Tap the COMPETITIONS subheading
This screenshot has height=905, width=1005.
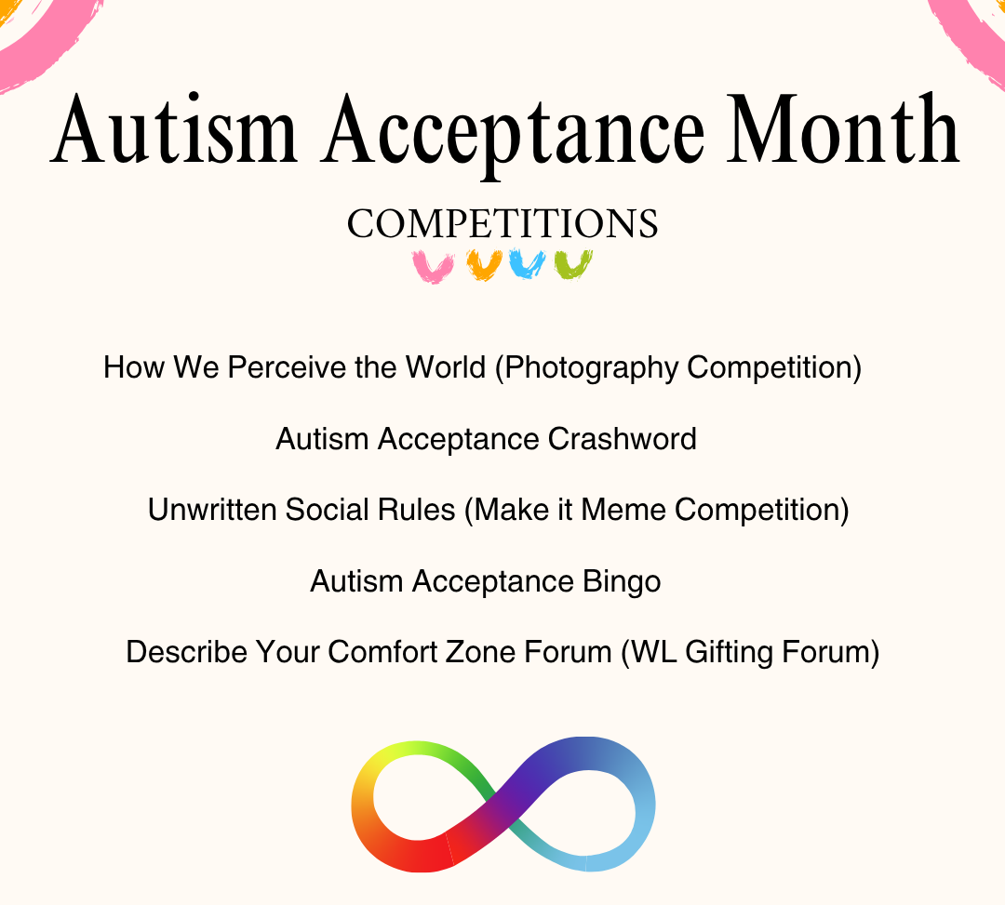click(x=502, y=224)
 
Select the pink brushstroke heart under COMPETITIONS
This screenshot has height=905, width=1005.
click(x=433, y=266)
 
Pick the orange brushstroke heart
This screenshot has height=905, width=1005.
click(x=484, y=265)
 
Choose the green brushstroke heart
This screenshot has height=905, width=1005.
click(x=573, y=265)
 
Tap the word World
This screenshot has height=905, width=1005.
click(x=445, y=367)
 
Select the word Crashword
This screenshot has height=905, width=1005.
click(x=622, y=439)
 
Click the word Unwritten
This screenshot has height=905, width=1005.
click(x=211, y=510)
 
